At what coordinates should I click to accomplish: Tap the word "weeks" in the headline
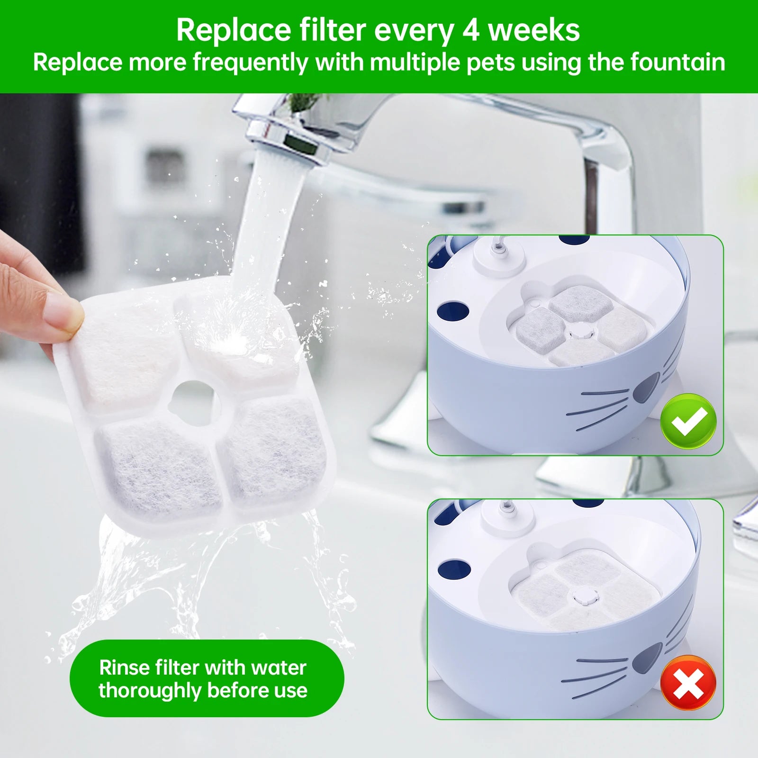(x=534, y=30)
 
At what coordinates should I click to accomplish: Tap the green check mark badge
(x=688, y=421)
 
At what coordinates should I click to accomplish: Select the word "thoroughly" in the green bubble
(x=149, y=691)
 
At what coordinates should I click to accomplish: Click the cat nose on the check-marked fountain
(x=647, y=387)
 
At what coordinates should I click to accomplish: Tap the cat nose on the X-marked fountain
(x=647, y=658)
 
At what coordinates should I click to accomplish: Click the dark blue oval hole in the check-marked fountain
(x=453, y=311)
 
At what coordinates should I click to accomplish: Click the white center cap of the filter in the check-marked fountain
(x=580, y=331)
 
